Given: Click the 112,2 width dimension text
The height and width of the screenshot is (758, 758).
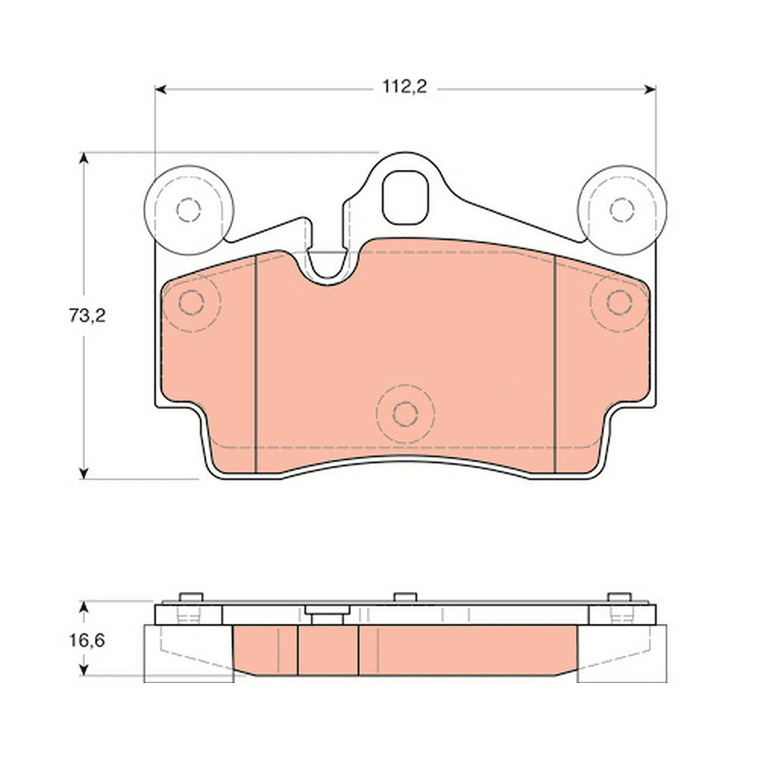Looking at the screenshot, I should tap(405, 88).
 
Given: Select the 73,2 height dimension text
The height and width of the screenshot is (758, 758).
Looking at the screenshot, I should tap(83, 316).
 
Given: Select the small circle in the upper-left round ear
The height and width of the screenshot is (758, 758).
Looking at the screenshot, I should tap(187, 209).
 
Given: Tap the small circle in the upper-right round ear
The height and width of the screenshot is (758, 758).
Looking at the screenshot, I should tap(622, 209).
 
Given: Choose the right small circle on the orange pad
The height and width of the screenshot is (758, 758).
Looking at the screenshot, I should tap(619, 302).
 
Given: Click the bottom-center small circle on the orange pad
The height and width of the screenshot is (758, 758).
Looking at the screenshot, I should tap(406, 414).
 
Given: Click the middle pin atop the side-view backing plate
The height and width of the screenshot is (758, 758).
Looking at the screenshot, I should tap(405, 597).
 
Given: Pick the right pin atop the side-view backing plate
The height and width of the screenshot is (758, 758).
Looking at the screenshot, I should tap(620, 597).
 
